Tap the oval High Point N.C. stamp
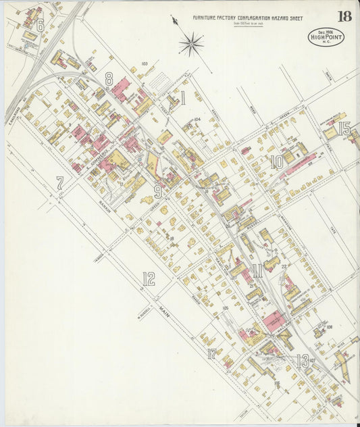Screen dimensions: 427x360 click(x=326, y=36)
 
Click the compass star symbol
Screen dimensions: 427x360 click(x=191, y=45)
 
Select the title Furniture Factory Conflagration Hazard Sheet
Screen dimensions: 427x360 click(x=247, y=18)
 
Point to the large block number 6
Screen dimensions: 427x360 click(x=40, y=26)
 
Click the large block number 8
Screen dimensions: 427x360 click(x=108, y=79)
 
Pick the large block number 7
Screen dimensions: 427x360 click(x=59, y=182)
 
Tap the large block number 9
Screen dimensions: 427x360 click(x=157, y=192)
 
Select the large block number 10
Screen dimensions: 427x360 click(x=276, y=162)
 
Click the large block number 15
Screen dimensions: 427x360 click(x=344, y=128)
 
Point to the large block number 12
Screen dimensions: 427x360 click(x=148, y=278)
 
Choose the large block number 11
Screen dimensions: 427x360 click(x=257, y=273)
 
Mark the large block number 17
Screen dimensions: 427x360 click(x=212, y=353)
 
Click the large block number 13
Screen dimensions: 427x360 click(x=302, y=360)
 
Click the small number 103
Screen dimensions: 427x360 click(x=144, y=65)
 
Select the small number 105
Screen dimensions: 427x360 click(x=226, y=307)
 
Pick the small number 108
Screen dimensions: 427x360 click(x=329, y=327)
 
